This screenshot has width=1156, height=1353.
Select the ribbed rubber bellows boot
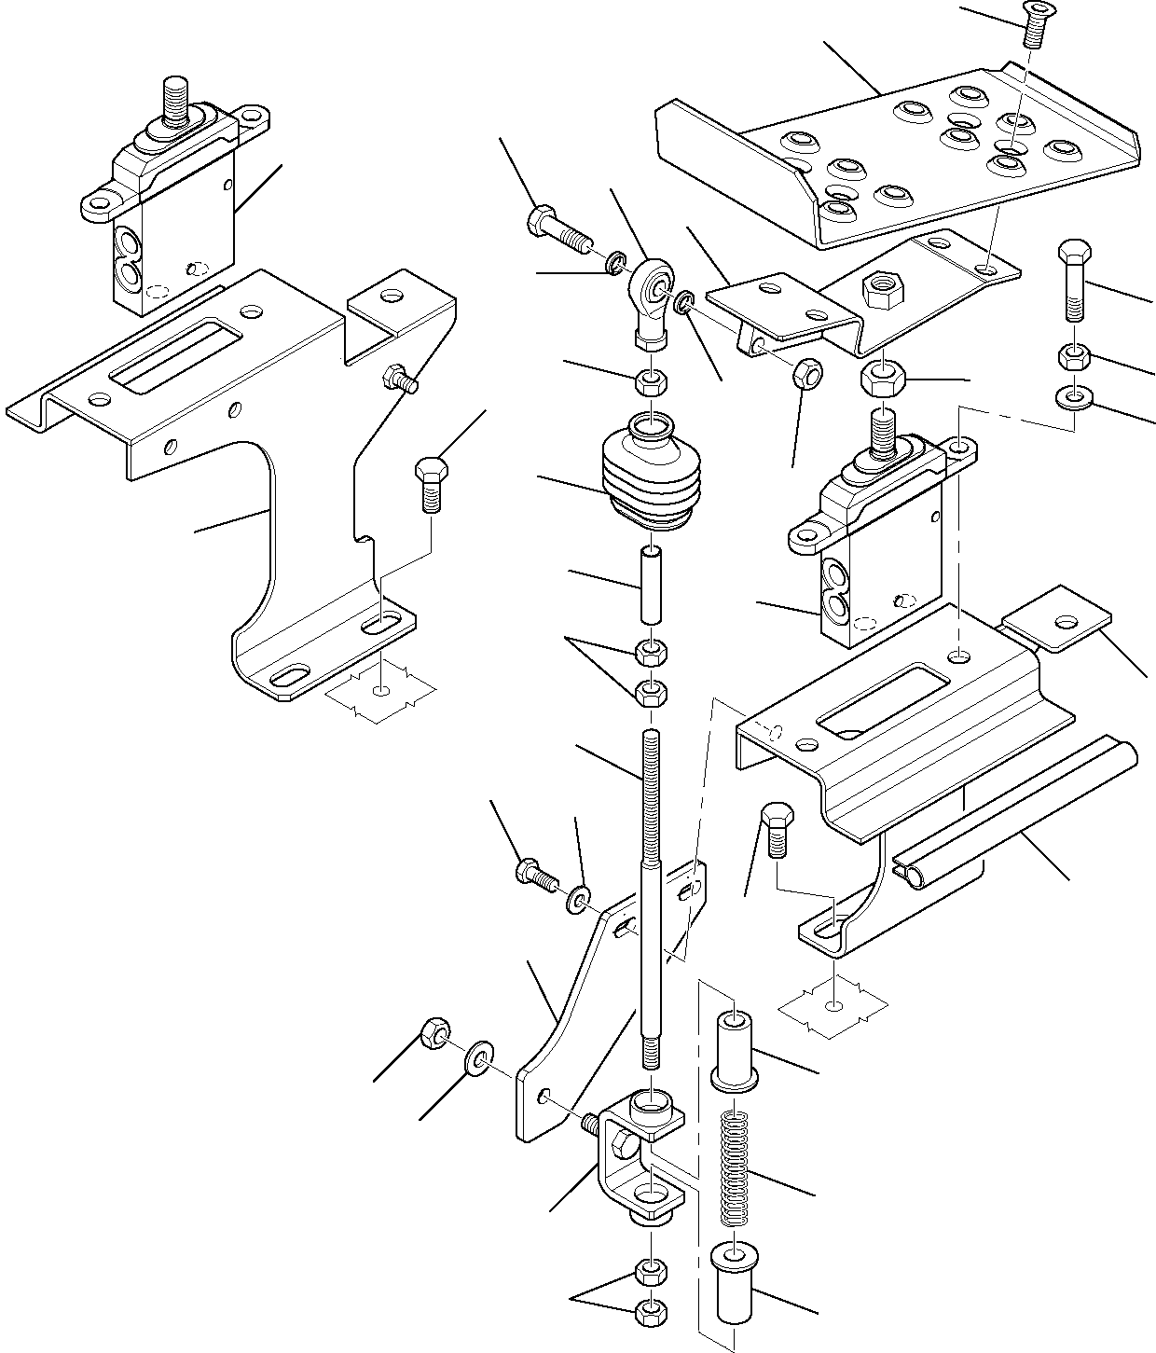[651, 476]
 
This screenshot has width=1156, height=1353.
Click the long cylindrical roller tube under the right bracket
[1016, 811]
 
